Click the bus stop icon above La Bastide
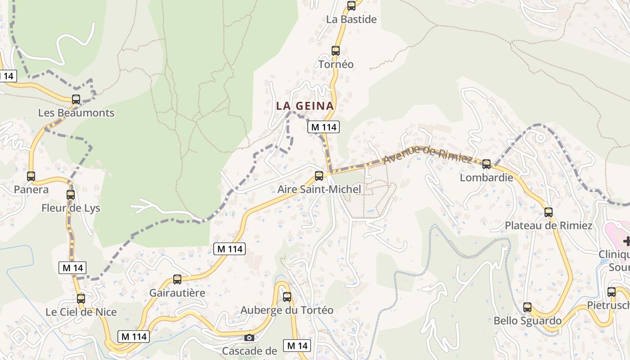(351, 6)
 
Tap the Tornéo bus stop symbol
(336, 51)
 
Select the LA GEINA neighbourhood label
(305, 106)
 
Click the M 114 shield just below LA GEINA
(324, 127)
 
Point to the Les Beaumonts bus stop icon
(76, 99)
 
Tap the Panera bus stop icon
(31, 176)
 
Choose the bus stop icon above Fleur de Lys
(71, 195)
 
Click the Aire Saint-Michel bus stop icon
(319, 176)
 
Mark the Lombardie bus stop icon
(486, 164)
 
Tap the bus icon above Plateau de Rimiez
(549, 212)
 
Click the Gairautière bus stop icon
(177, 279)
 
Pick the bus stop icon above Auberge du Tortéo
(287, 297)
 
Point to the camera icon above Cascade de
(249, 337)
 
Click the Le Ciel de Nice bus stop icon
(81, 298)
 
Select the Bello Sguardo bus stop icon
(527, 307)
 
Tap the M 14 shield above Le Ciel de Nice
(72, 268)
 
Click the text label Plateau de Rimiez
(549, 225)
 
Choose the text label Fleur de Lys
(71, 208)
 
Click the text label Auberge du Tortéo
(287, 310)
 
